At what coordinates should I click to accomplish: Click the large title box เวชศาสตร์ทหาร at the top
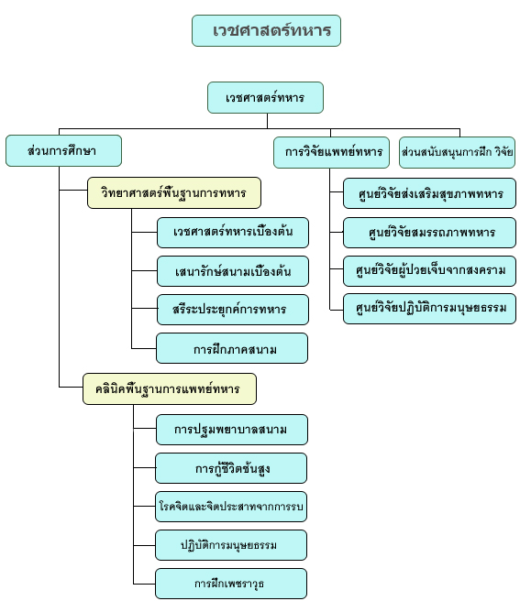pos(266,31)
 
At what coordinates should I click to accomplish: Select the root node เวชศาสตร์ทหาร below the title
pos(265,98)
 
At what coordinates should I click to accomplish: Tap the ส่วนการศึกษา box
pos(63,150)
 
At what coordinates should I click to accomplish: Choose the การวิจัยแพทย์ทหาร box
pos(331,152)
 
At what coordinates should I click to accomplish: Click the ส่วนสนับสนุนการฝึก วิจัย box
pos(457,152)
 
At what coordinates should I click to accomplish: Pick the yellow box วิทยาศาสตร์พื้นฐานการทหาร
pos(174,192)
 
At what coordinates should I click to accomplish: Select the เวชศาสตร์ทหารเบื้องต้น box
pos(233,233)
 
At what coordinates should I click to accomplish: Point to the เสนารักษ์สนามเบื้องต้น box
pos(233,271)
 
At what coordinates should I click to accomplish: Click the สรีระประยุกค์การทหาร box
pos(233,310)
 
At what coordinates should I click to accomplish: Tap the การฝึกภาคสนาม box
pos(232,348)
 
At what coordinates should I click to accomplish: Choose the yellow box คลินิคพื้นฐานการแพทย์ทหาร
pos(170,388)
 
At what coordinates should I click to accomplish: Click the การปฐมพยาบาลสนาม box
pos(232,430)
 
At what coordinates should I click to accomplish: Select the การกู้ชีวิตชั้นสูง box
pos(231,468)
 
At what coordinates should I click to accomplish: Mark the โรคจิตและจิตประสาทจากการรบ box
pos(231,507)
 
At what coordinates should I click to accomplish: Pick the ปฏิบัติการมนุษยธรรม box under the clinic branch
pos(231,545)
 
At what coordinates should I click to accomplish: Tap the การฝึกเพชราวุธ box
pos(231,584)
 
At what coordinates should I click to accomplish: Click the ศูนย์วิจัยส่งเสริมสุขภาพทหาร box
pos(430,193)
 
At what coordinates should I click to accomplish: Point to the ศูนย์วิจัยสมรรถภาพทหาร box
pos(430,233)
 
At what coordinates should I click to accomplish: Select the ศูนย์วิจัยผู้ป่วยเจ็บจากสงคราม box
pos(430,271)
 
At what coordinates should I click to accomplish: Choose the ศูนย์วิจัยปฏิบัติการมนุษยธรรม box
pos(430,309)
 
